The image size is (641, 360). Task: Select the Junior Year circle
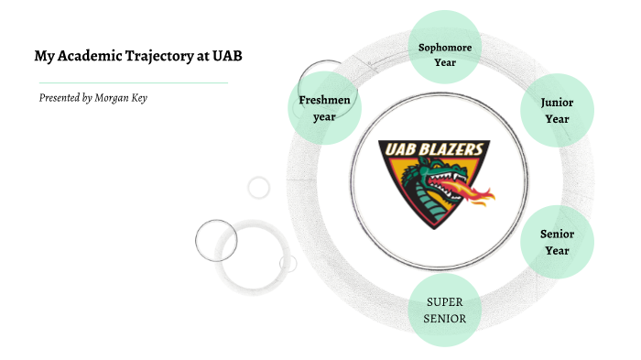[556, 111]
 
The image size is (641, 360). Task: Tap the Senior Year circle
[556, 242]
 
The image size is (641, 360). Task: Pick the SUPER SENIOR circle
[445, 311]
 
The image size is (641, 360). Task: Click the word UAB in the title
[227, 56]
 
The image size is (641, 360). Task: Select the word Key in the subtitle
[139, 97]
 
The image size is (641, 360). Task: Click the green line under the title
[128, 82]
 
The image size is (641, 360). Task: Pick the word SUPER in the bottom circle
[445, 302]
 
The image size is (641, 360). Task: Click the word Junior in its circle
[557, 103]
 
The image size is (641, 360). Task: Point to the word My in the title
[42, 56]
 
